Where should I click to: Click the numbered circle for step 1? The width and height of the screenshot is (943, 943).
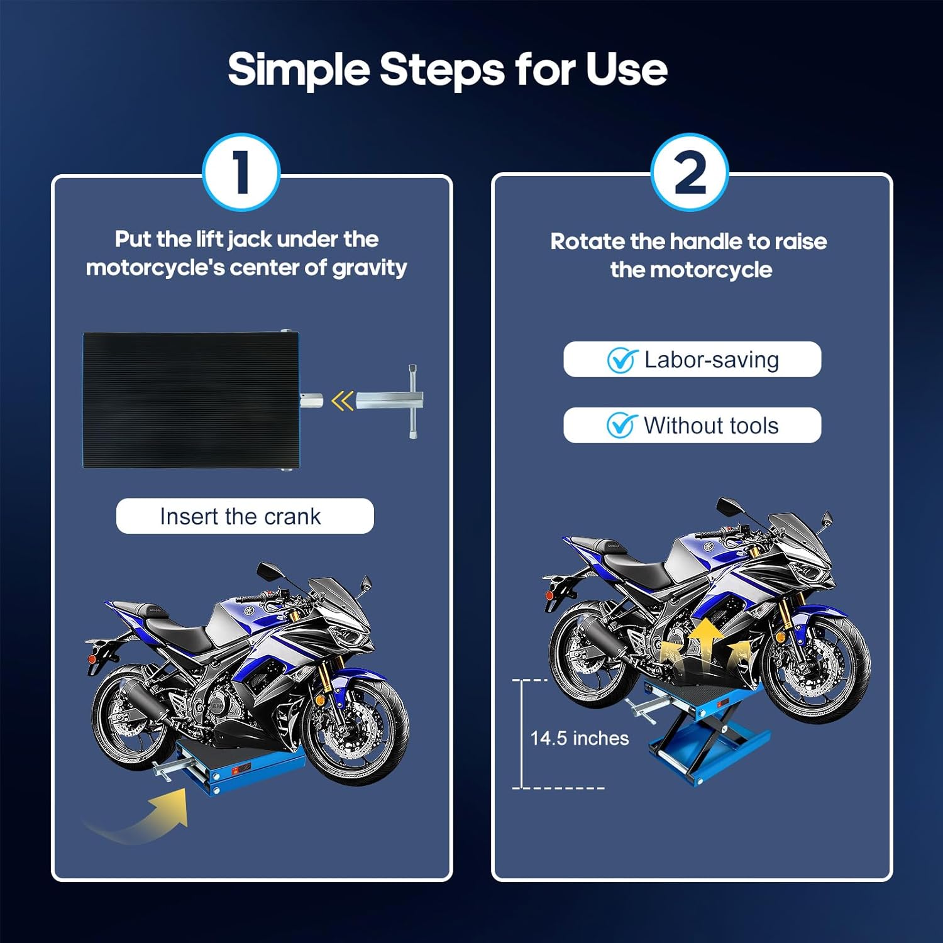click(241, 172)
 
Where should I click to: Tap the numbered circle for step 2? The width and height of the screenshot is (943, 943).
click(690, 172)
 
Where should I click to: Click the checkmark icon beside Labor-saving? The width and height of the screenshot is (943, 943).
click(622, 360)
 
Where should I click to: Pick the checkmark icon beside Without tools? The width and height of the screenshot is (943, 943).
click(621, 426)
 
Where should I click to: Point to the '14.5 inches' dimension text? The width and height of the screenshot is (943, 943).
click(579, 738)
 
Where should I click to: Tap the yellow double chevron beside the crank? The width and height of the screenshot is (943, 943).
click(343, 401)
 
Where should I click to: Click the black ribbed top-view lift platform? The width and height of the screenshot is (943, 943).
click(191, 400)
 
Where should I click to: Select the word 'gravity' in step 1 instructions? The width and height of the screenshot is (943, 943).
click(370, 268)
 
